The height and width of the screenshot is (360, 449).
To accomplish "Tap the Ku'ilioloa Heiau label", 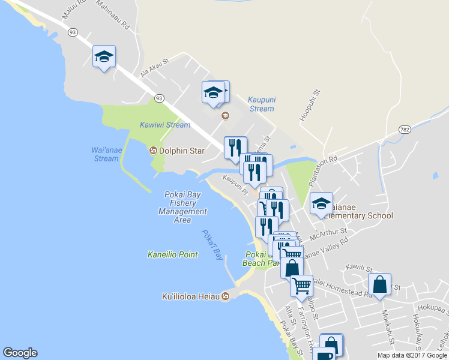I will click(x=191, y=296).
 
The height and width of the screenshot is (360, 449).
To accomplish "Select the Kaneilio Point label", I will click(x=173, y=254).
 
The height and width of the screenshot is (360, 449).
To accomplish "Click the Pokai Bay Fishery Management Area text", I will click(x=182, y=207).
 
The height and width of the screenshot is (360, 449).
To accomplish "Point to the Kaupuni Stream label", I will click(x=261, y=104).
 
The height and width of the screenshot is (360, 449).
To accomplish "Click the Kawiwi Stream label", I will click(x=165, y=125).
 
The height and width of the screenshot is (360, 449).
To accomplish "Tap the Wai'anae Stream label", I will click(x=106, y=154).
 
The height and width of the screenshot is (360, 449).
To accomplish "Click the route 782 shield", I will click(x=406, y=130).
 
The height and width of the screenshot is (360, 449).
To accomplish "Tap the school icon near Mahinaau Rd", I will click(x=104, y=57).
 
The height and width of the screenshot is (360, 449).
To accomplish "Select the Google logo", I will click(x=20, y=353).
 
